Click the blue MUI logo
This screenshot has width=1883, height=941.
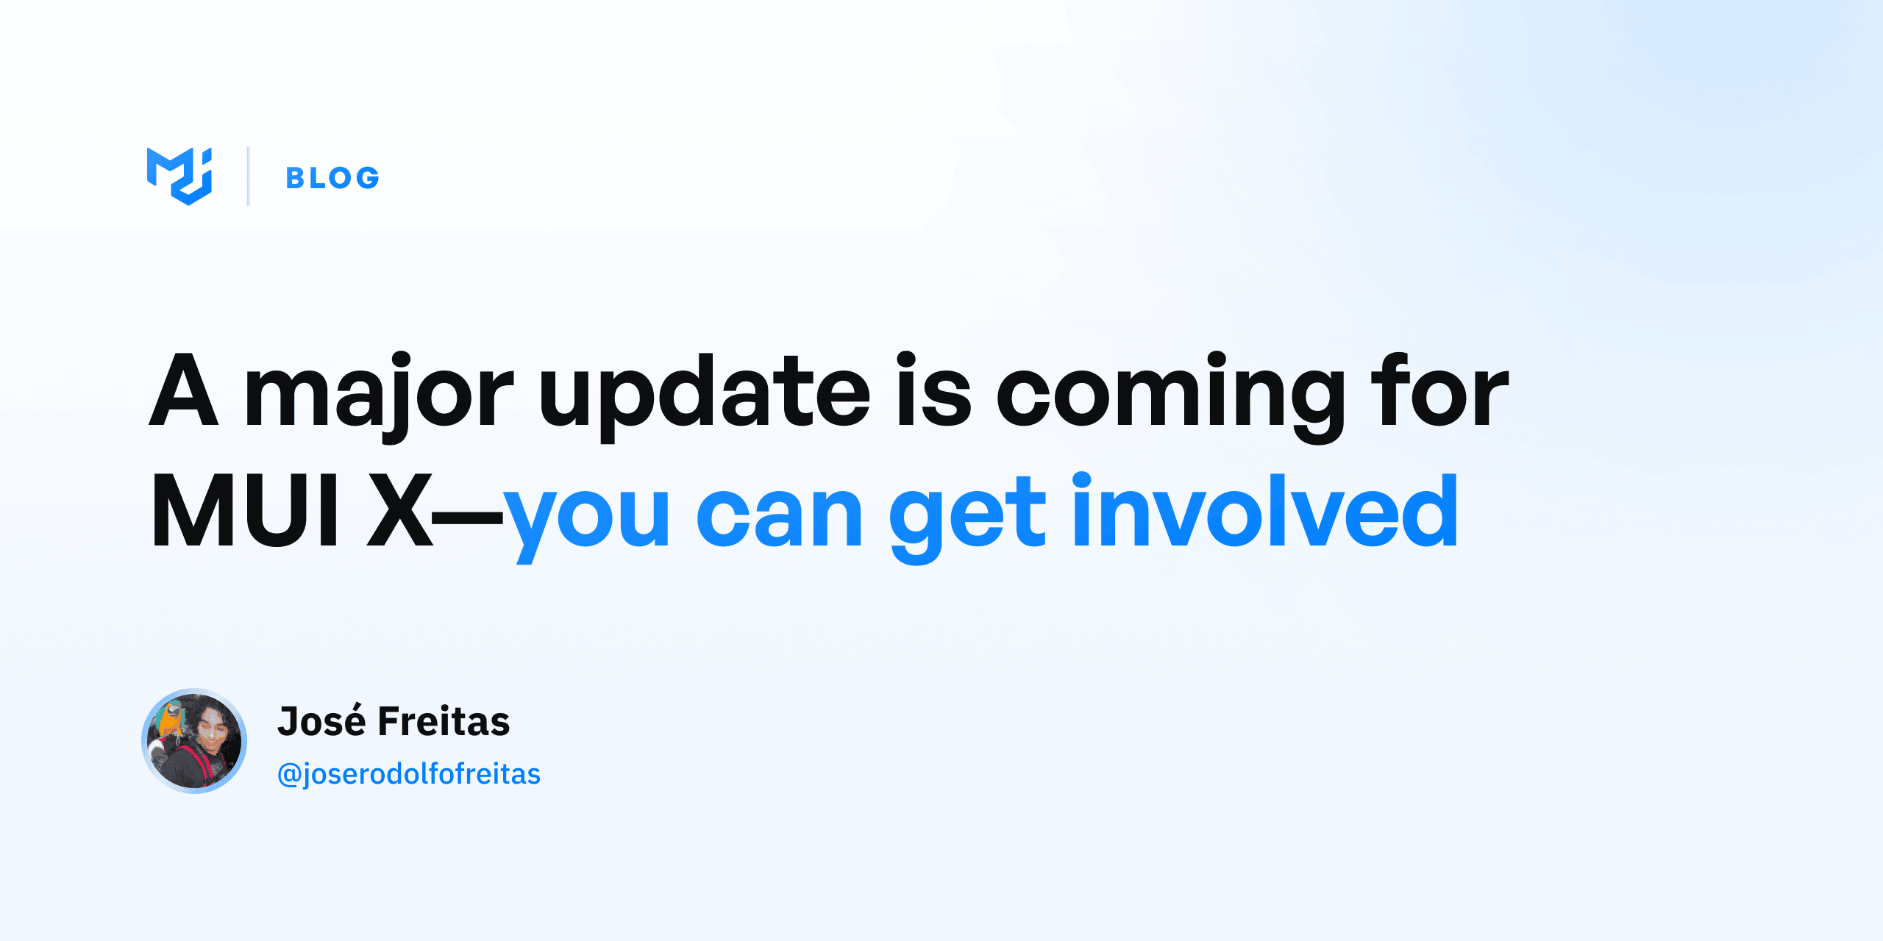pyautogui.click(x=179, y=176)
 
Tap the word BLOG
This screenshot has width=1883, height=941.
pyautogui.click(x=332, y=178)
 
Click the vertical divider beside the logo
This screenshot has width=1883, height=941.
pyautogui.click(x=249, y=176)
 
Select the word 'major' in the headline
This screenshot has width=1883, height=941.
pyautogui.click(x=378, y=393)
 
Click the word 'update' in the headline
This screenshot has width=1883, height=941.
pyautogui.click(x=705, y=393)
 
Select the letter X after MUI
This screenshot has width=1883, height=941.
pyautogui.click(x=400, y=512)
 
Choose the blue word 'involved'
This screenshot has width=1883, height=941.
pyautogui.click(x=1265, y=512)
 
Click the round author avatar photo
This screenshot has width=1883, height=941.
pyautogui.click(x=194, y=741)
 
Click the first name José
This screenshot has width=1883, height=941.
pyautogui.click(x=322, y=722)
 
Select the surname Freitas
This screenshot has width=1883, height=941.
pyautogui.click(x=444, y=722)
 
